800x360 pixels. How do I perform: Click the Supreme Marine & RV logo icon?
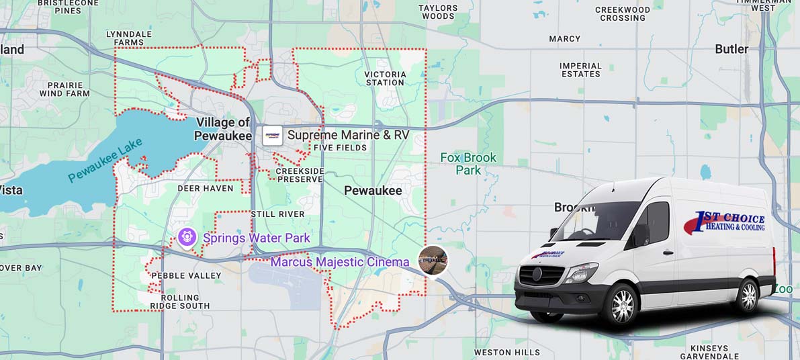tap(272, 136)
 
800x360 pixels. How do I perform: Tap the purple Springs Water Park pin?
tap(187, 237)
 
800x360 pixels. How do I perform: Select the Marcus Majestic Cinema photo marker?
tap(433, 259)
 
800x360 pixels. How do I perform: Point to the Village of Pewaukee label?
tap(223, 129)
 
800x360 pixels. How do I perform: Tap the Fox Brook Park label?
tap(468, 164)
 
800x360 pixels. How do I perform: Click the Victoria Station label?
tap(385, 78)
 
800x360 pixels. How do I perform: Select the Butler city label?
tap(731, 49)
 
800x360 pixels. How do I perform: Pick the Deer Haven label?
tap(206, 189)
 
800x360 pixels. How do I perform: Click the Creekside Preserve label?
tap(300, 175)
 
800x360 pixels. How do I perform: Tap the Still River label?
tap(277, 214)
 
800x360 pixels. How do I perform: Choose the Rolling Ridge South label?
tap(180, 302)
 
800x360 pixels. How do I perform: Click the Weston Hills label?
tap(506, 353)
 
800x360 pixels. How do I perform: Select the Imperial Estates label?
tap(580, 70)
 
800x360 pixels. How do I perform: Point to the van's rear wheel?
tap(748, 296)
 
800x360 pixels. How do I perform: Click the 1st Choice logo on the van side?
tap(725, 222)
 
